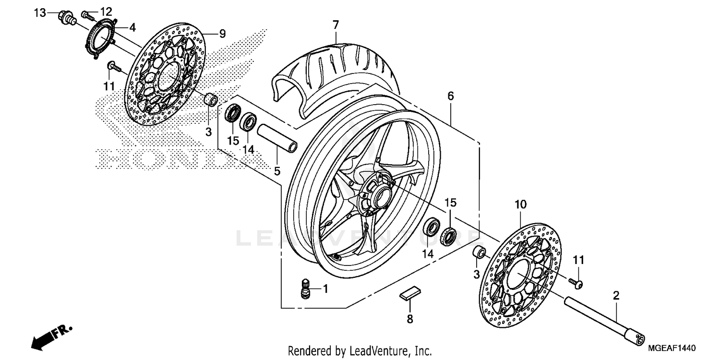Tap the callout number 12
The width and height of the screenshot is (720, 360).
[x=106, y=12]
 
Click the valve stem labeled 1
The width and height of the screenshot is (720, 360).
[x=303, y=289]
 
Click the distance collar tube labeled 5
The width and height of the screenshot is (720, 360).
[x=278, y=138]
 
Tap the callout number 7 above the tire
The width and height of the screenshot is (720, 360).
[x=336, y=24]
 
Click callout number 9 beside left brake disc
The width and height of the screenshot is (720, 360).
[x=222, y=34]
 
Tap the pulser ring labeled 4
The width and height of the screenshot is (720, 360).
[x=103, y=39]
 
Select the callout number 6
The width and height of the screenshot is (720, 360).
[x=450, y=96]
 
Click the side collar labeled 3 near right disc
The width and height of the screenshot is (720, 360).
[x=479, y=252]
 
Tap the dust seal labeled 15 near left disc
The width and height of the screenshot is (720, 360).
[x=234, y=115]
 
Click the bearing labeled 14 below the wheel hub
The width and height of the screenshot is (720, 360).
[x=432, y=226]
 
